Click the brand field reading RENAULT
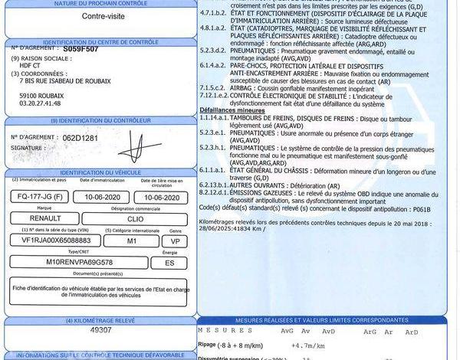point(37,218)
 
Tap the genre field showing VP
point(175,241)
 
